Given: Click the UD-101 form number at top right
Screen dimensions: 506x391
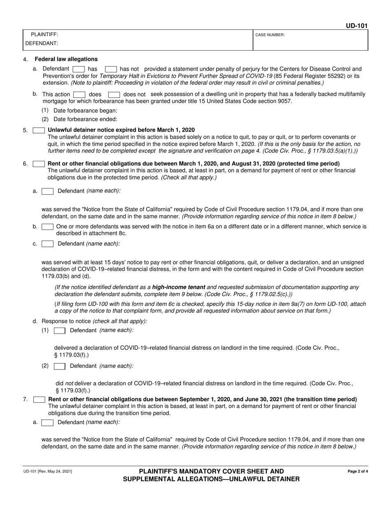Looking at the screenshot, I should point(356,26).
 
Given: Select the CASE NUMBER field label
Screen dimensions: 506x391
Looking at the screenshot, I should point(270,35).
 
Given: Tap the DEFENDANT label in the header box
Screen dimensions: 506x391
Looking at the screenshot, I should point(42,43).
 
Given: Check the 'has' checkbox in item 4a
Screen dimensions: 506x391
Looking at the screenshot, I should point(79,69).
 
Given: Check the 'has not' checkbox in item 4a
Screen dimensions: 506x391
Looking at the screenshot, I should point(111,69).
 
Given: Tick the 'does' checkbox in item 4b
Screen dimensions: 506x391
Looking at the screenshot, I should point(79,95).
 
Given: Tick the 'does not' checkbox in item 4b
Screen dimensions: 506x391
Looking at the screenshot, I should point(114,95).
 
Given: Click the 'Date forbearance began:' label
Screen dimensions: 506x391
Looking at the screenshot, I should point(85,111).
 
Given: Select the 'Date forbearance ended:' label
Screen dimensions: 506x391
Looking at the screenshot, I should point(85,119).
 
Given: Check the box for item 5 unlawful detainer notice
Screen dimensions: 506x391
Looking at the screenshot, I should point(39,130).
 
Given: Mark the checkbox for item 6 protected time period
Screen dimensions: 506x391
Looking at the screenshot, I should point(39,164).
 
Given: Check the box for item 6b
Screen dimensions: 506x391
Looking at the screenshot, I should point(48,227).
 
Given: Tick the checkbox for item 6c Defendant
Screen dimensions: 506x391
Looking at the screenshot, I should point(48,244).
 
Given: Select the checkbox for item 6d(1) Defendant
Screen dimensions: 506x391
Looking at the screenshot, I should point(60,330).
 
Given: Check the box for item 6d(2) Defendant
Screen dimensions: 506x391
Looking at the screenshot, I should point(60,366).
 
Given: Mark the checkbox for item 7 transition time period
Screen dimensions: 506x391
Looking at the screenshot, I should point(39,399).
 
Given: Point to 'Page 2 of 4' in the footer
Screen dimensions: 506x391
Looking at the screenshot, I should point(358,471).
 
